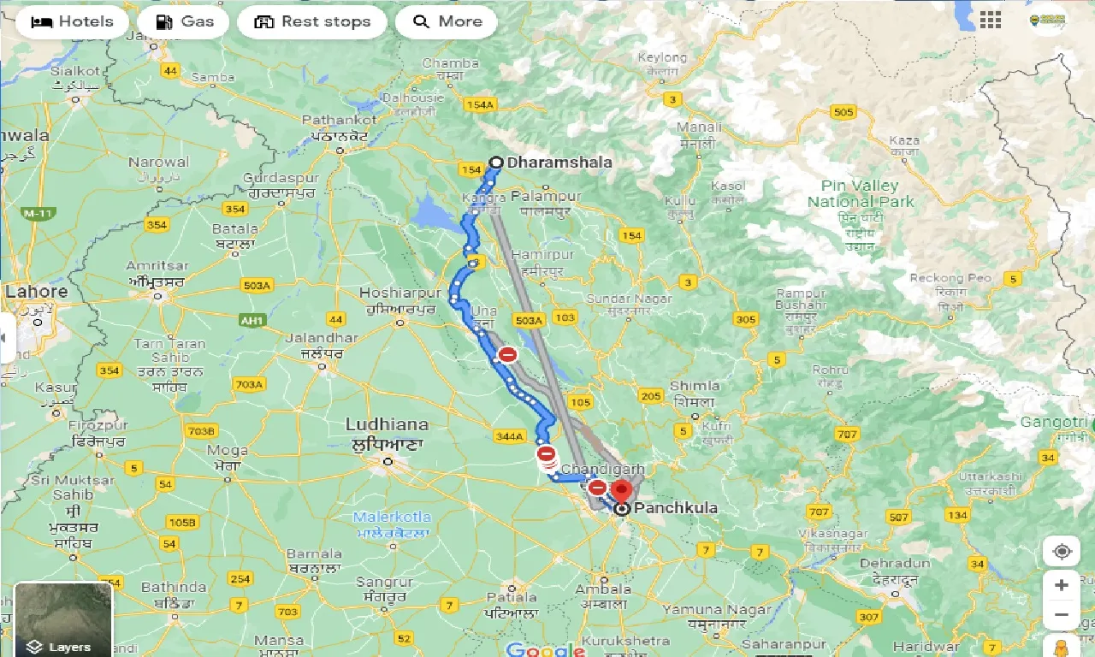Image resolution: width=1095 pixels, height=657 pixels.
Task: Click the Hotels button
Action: [x=72, y=21]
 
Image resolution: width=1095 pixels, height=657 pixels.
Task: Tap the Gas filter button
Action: [x=183, y=21]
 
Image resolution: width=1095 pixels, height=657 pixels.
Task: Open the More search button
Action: [x=447, y=21]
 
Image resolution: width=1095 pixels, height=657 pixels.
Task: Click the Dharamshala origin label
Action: [x=559, y=162]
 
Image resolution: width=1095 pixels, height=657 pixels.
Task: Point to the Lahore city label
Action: [x=36, y=292]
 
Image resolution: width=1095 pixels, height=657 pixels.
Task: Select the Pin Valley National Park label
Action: [x=860, y=194]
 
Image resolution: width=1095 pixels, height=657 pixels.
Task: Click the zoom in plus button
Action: [x=1062, y=586]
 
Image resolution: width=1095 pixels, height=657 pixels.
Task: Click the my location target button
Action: [x=1062, y=552]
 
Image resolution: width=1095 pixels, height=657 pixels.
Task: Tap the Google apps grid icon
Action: [x=991, y=21]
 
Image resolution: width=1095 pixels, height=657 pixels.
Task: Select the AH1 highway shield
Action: [x=252, y=320]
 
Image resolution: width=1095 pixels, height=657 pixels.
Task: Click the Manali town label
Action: [x=699, y=127]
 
